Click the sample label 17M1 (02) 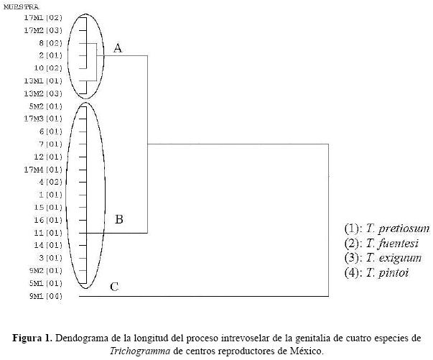[43, 17]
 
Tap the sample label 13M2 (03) [43, 93]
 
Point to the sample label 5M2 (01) [45, 106]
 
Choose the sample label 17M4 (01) [43, 170]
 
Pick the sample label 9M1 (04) [45, 296]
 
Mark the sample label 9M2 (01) [45, 271]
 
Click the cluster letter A [118, 48]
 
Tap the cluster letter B [119, 218]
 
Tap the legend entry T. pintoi [377, 273]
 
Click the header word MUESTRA [22, 6]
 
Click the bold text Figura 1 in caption [32, 338]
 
